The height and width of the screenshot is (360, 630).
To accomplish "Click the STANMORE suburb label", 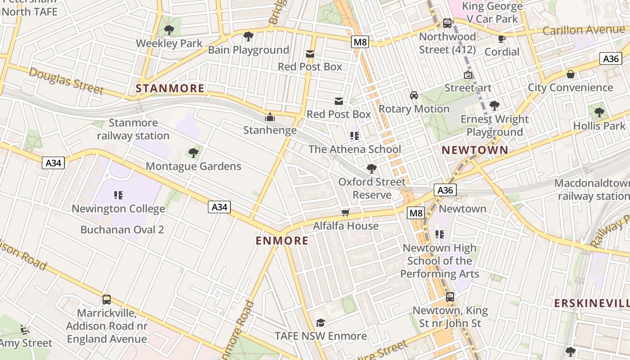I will tap(170, 88).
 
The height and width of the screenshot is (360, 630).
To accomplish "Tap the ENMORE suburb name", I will tap(282, 241).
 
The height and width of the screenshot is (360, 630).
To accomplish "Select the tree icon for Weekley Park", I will tap(169, 30).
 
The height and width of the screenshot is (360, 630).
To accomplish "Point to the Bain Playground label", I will tap(248, 50).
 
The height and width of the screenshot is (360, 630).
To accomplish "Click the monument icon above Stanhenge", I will tap(270, 117).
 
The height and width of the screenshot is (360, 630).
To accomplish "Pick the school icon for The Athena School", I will tap(355, 135).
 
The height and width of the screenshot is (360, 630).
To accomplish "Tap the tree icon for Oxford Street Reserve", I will tap(372, 169).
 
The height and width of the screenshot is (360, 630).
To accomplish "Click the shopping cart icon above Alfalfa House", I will tap(346, 212).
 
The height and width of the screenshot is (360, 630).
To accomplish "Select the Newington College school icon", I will tap(118, 195).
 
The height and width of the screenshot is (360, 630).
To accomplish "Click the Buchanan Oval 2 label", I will tap(122, 229).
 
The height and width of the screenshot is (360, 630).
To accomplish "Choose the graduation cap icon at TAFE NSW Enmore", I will tap(320, 323).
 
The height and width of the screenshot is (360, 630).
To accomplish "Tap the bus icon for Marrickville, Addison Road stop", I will tap(107, 299).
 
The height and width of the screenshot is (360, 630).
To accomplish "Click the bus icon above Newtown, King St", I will tap(450, 297).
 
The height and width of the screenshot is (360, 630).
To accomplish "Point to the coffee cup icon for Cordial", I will tap(502, 38).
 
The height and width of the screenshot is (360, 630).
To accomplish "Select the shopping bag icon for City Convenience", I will tap(571, 74).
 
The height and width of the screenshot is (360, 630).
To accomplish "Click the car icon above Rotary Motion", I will tap(414, 95).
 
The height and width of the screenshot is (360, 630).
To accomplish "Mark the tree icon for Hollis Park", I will tap(599, 112).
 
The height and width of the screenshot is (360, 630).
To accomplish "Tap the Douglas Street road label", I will tap(66, 81).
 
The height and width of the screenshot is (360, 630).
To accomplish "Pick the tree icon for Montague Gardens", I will tap(193, 153).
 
